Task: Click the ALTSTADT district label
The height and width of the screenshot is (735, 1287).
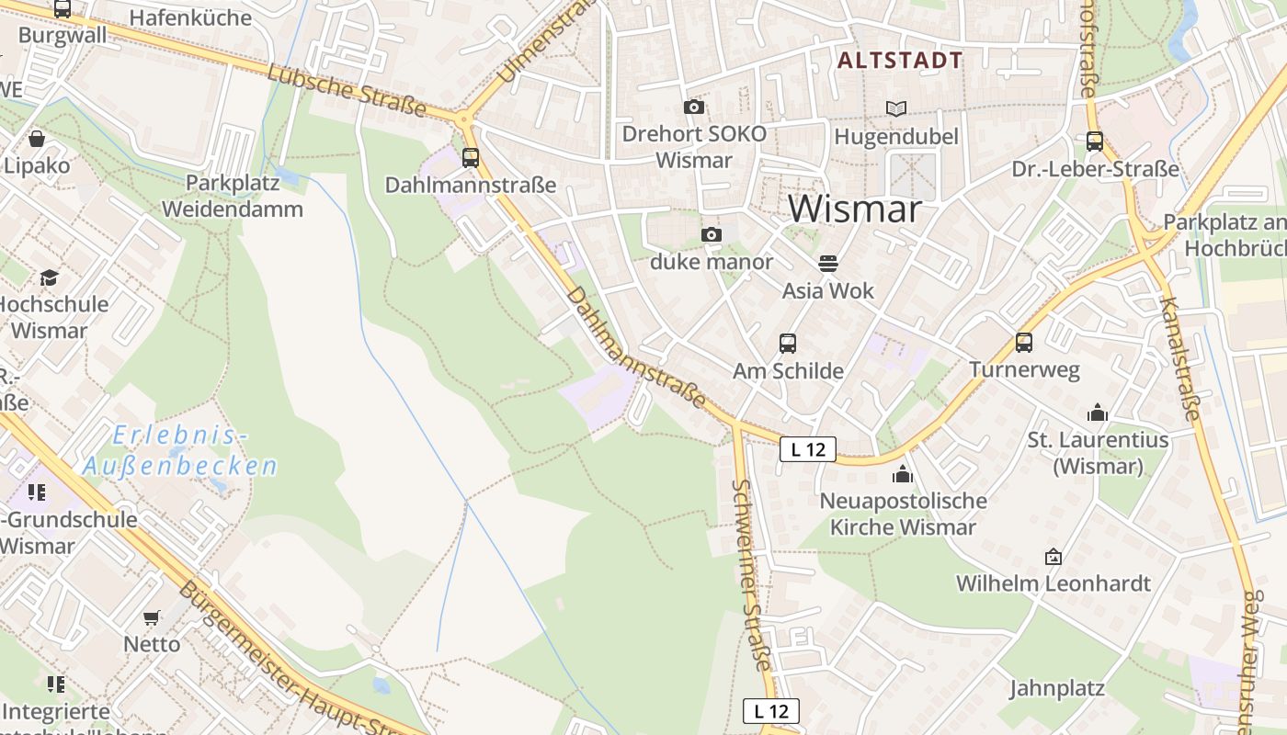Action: click(x=900, y=61)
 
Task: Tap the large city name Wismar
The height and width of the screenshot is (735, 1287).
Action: click(x=854, y=209)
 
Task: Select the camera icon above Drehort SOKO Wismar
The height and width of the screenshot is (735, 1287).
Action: click(x=694, y=107)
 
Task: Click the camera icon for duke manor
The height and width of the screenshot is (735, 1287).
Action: click(x=711, y=235)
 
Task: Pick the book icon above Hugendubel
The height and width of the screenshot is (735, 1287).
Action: click(x=896, y=108)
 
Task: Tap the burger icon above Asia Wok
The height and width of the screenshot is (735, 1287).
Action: click(x=827, y=264)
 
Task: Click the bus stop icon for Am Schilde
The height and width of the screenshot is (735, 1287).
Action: click(x=788, y=344)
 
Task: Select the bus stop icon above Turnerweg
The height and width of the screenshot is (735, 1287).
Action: click(x=1024, y=343)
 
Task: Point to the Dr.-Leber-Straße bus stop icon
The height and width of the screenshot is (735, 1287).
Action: click(x=1095, y=141)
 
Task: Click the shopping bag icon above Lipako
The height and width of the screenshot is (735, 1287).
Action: click(x=37, y=139)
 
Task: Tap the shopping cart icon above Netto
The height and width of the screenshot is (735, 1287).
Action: click(x=152, y=617)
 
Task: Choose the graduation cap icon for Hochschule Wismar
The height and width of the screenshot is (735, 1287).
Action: click(x=49, y=277)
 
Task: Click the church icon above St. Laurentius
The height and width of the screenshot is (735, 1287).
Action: click(x=1098, y=413)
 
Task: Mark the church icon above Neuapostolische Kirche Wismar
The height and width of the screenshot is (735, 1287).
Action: click(x=903, y=474)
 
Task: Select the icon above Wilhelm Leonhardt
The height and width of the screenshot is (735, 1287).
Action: click(x=1054, y=557)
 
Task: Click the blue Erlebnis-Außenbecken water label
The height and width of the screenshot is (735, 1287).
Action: click(x=180, y=450)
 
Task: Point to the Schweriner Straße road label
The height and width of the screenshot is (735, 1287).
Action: click(x=750, y=574)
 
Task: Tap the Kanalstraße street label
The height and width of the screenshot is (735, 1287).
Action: click(x=1180, y=358)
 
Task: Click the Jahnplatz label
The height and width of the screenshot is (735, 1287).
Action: click(x=1056, y=688)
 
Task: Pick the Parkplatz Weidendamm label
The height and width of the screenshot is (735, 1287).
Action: click(x=233, y=196)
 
